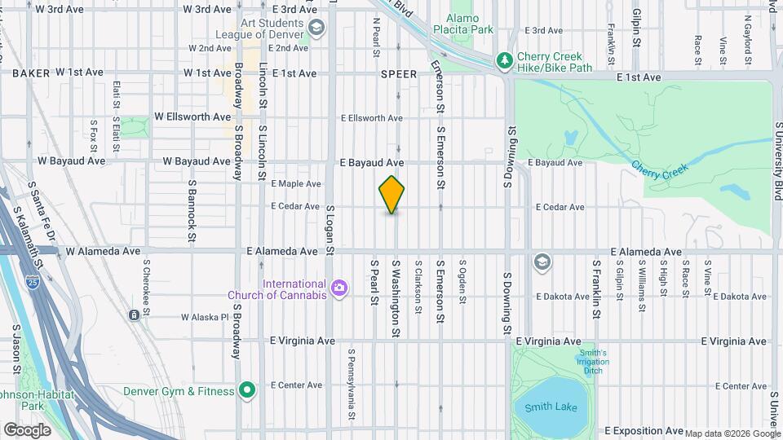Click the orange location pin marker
(392, 195)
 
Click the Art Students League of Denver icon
(317, 27)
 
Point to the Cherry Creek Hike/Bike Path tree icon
(506, 60)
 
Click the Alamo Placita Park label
(471, 23)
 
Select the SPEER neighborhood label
(399, 74)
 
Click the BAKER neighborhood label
(31, 73)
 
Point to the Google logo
(27, 429)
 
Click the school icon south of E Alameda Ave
(542, 262)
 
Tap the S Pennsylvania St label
(352, 385)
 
